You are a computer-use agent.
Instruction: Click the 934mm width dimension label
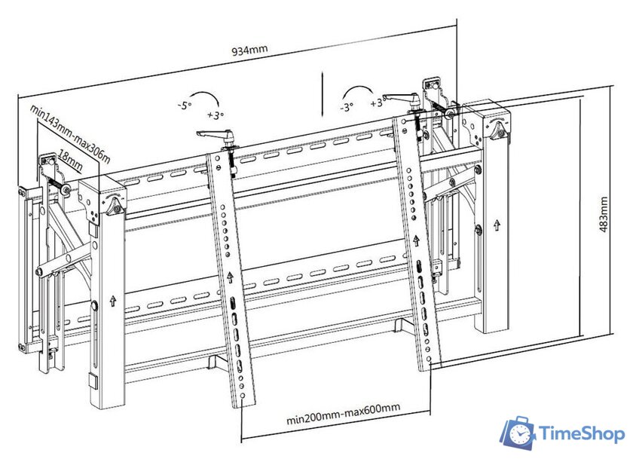[x=248, y=50]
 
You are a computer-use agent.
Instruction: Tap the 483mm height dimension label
[x=604, y=216]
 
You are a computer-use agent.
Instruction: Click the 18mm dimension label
[x=70, y=161]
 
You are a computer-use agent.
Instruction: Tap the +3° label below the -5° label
[x=216, y=116]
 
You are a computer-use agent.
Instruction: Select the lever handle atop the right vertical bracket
[x=400, y=98]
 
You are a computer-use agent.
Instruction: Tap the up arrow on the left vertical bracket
[x=229, y=278]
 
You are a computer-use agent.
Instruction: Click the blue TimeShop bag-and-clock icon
[x=518, y=433]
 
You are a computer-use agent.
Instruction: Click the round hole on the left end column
[x=93, y=305]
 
